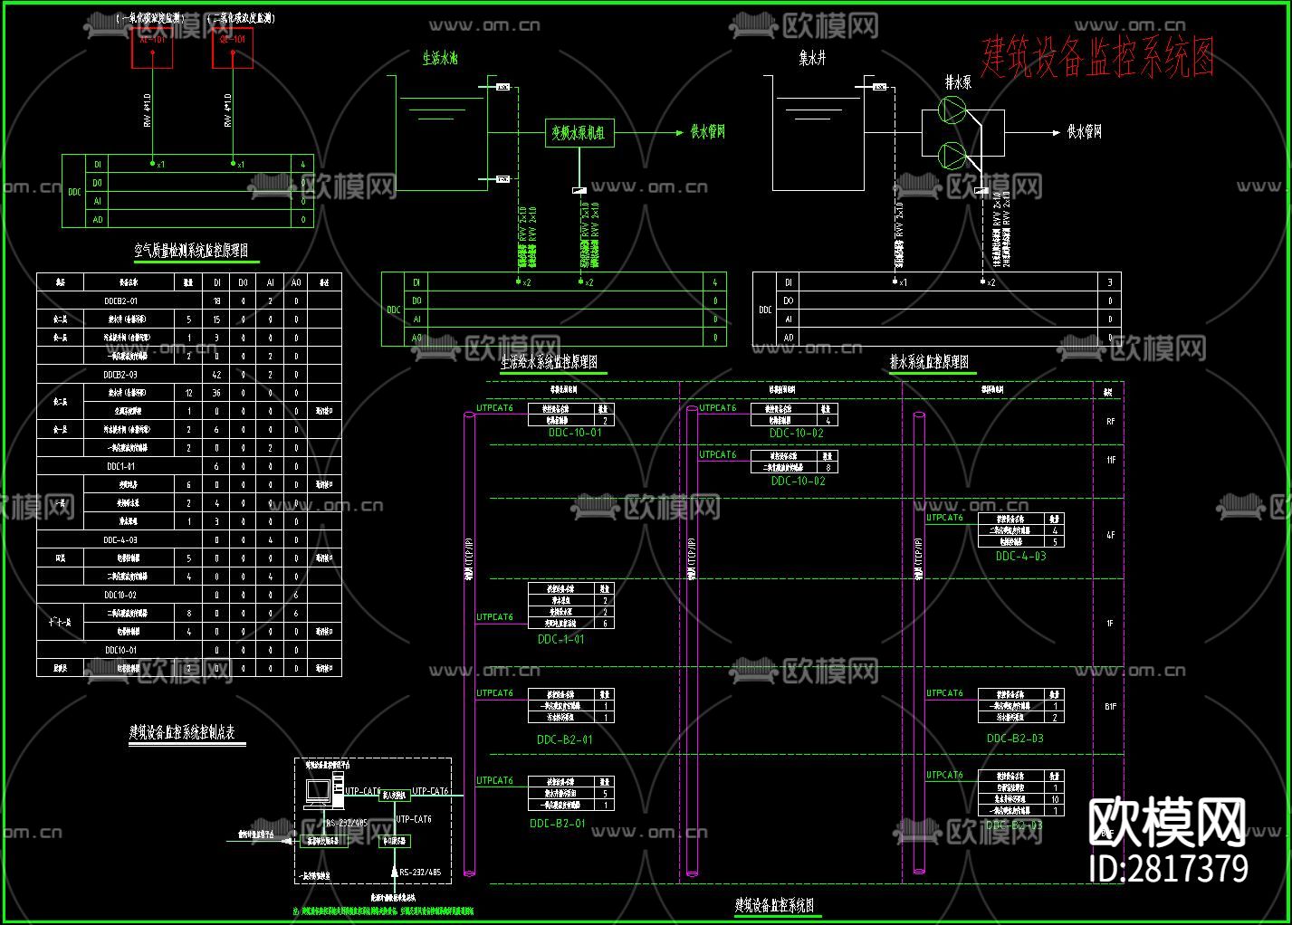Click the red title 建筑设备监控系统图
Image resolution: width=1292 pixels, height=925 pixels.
1097,57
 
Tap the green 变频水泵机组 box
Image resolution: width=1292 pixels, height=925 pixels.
579,133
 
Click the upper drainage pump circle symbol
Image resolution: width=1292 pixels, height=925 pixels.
952,110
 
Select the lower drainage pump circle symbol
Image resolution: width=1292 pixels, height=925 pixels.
952,155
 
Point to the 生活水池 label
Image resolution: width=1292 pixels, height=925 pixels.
440,59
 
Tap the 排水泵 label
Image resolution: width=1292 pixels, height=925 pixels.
958,82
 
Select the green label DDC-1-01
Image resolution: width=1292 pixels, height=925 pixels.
561,639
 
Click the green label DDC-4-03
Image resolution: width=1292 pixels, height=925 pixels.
1020,557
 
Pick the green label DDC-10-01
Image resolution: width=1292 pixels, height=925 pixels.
575,433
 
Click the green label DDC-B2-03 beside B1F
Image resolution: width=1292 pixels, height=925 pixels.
1015,739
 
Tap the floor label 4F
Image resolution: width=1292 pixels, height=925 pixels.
1110,535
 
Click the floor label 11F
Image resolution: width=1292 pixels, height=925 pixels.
1110,461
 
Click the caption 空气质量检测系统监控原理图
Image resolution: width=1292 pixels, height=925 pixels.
191,251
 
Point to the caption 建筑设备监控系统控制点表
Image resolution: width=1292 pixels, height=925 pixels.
182,732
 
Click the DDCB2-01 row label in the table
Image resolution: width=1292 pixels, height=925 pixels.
121,301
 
